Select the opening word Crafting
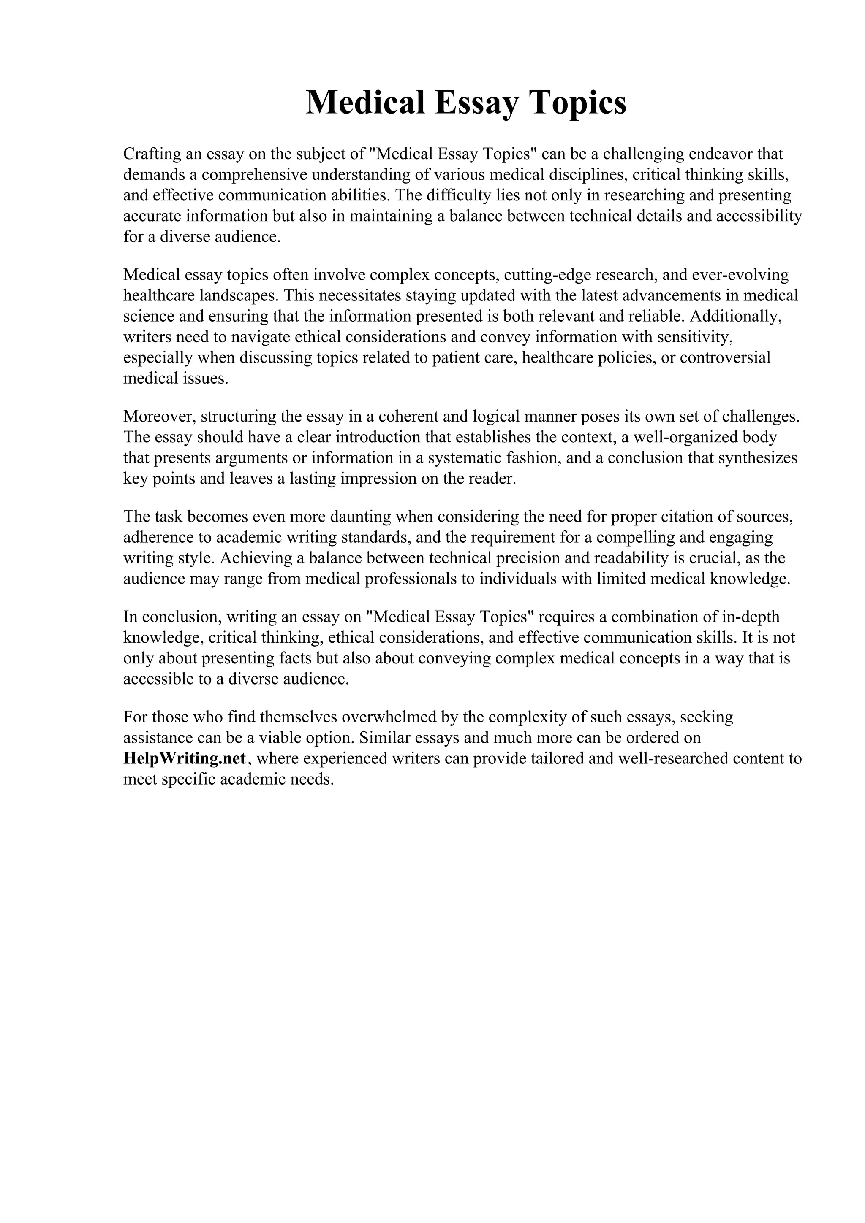click(x=152, y=154)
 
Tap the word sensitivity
click(x=696, y=337)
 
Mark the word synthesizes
click(x=757, y=458)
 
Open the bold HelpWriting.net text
click(x=185, y=758)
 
